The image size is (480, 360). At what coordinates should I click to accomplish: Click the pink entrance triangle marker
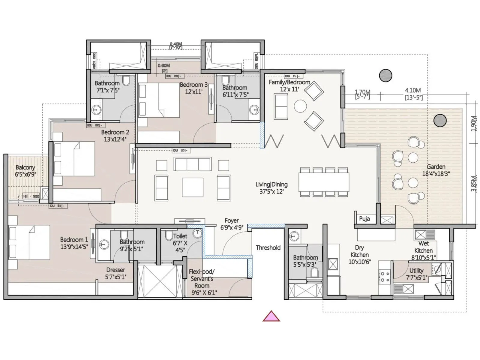point(271,317)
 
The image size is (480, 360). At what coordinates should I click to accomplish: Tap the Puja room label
point(364,219)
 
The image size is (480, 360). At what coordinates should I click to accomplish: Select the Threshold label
point(268,247)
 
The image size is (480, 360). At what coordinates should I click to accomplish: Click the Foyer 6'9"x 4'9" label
point(232,224)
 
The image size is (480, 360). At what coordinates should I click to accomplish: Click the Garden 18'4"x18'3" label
point(436,170)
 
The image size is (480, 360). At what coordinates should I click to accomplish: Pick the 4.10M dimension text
point(413,90)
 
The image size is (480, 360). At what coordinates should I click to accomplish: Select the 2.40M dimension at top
point(176,44)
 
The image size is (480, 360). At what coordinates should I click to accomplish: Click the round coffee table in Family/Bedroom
point(300,106)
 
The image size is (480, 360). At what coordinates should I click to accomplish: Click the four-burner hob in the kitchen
point(385,277)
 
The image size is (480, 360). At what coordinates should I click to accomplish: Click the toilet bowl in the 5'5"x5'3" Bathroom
point(314,272)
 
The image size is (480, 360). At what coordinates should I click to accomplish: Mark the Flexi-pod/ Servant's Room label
point(202,282)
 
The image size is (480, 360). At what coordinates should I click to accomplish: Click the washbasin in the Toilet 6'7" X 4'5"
point(197,233)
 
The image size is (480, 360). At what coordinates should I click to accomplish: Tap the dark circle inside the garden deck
point(440,121)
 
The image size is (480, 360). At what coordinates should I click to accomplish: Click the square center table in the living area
point(192,187)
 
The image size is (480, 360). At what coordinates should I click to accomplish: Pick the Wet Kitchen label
point(423,247)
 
